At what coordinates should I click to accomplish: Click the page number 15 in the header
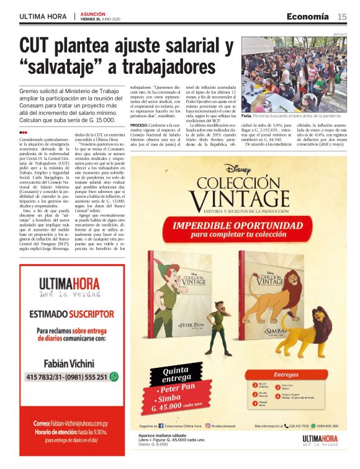[342, 17]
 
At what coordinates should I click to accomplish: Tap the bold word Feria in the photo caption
[246, 116]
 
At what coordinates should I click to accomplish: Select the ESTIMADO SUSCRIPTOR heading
[69, 314]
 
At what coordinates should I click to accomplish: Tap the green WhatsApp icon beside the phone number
[114, 377]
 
